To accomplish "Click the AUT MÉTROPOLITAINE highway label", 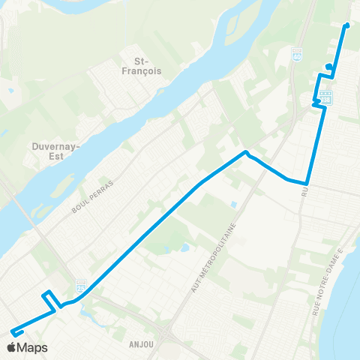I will tap(214, 255).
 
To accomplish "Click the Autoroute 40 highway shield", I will tap(296, 54).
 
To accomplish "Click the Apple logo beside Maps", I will tap(11, 347).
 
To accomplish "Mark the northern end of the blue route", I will tap(346, 26).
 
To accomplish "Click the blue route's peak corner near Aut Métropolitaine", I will tap(245, 153).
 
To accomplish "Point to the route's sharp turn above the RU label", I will tap(306, 183).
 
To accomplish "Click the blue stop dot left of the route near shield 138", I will tap(328, 67).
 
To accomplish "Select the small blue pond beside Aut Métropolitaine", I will tap(234, 203).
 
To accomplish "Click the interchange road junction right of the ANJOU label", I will tap(164, 330).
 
